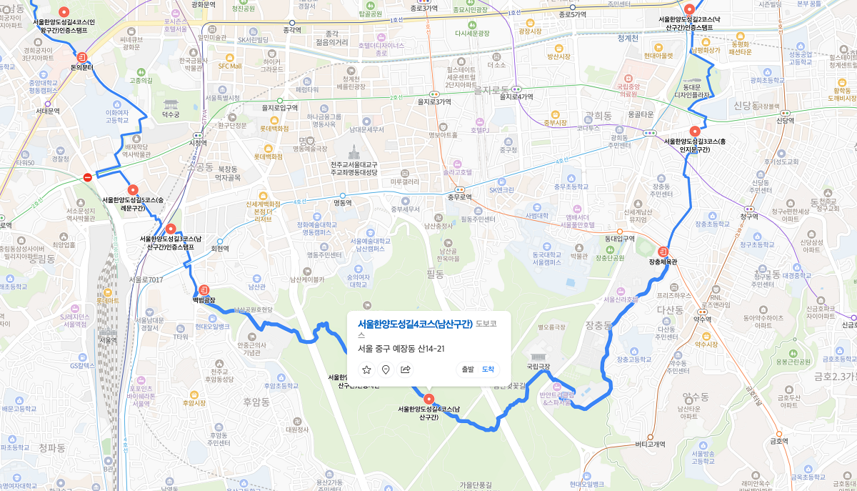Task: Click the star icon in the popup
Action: (366, 370)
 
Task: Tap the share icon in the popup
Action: (406, 370)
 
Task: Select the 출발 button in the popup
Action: (468, 370)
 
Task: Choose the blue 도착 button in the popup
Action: (488, 370)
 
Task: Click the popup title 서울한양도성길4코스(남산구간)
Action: (415, 324)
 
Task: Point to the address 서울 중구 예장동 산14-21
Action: (401, 349)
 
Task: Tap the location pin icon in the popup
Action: (386, 370)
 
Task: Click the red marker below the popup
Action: (428, 399)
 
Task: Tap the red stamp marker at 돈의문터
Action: (82, 56)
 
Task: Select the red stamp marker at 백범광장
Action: (204, 289)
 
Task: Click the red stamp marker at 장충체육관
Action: (663, 252)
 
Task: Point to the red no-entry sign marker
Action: (87, 177)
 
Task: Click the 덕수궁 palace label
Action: (171, 113)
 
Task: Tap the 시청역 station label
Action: (197, 142)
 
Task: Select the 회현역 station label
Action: (220, 249)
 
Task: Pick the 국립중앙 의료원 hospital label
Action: (628, 89)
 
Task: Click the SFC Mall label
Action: (230, 66)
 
